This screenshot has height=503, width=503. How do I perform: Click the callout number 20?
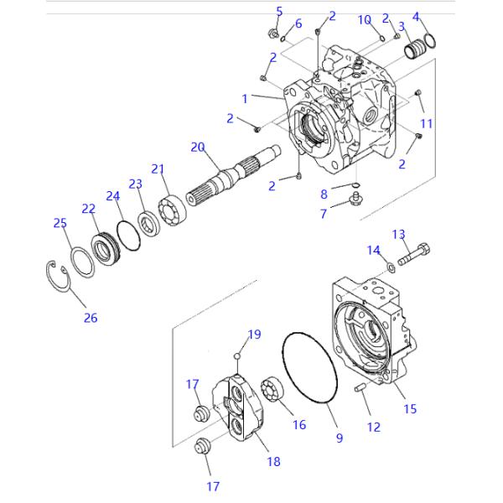coord(197,148)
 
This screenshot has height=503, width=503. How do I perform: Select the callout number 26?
coord(90,318)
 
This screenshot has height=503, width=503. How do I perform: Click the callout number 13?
coord(398,234)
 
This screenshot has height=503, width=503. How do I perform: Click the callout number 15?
coord(410,409)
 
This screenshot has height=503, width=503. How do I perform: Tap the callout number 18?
coord(273,461)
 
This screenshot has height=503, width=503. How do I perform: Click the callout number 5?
coord(279,11)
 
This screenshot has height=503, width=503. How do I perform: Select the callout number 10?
coord(365,19)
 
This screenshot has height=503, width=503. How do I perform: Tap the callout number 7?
coord(324,214)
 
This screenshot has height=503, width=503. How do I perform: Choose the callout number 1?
coord(246,98)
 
